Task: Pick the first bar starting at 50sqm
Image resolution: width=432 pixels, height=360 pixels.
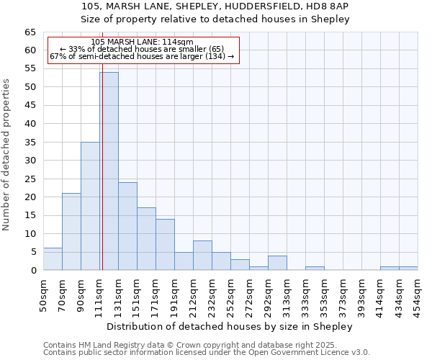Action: pos(53,259)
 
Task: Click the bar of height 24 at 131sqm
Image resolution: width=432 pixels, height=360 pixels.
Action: pos(127,226)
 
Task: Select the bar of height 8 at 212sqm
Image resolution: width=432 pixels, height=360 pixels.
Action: pos(202,256)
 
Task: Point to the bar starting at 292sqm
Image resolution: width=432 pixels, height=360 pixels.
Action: pos(277,263)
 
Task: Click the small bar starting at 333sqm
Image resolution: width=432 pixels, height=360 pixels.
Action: pos(315,269)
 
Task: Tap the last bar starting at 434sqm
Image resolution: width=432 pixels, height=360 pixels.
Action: pos(408,269)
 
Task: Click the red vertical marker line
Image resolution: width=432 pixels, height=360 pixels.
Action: pos(102,180)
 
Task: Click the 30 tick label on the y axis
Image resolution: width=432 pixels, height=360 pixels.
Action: pos(30,161)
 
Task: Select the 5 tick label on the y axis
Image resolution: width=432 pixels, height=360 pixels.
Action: pos(32,252)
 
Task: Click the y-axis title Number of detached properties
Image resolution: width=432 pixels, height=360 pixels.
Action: pos(6,155)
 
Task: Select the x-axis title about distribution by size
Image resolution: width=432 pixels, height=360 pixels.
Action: pos(230,327)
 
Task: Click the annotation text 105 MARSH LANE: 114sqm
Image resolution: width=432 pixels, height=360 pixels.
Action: pos(143,42)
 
